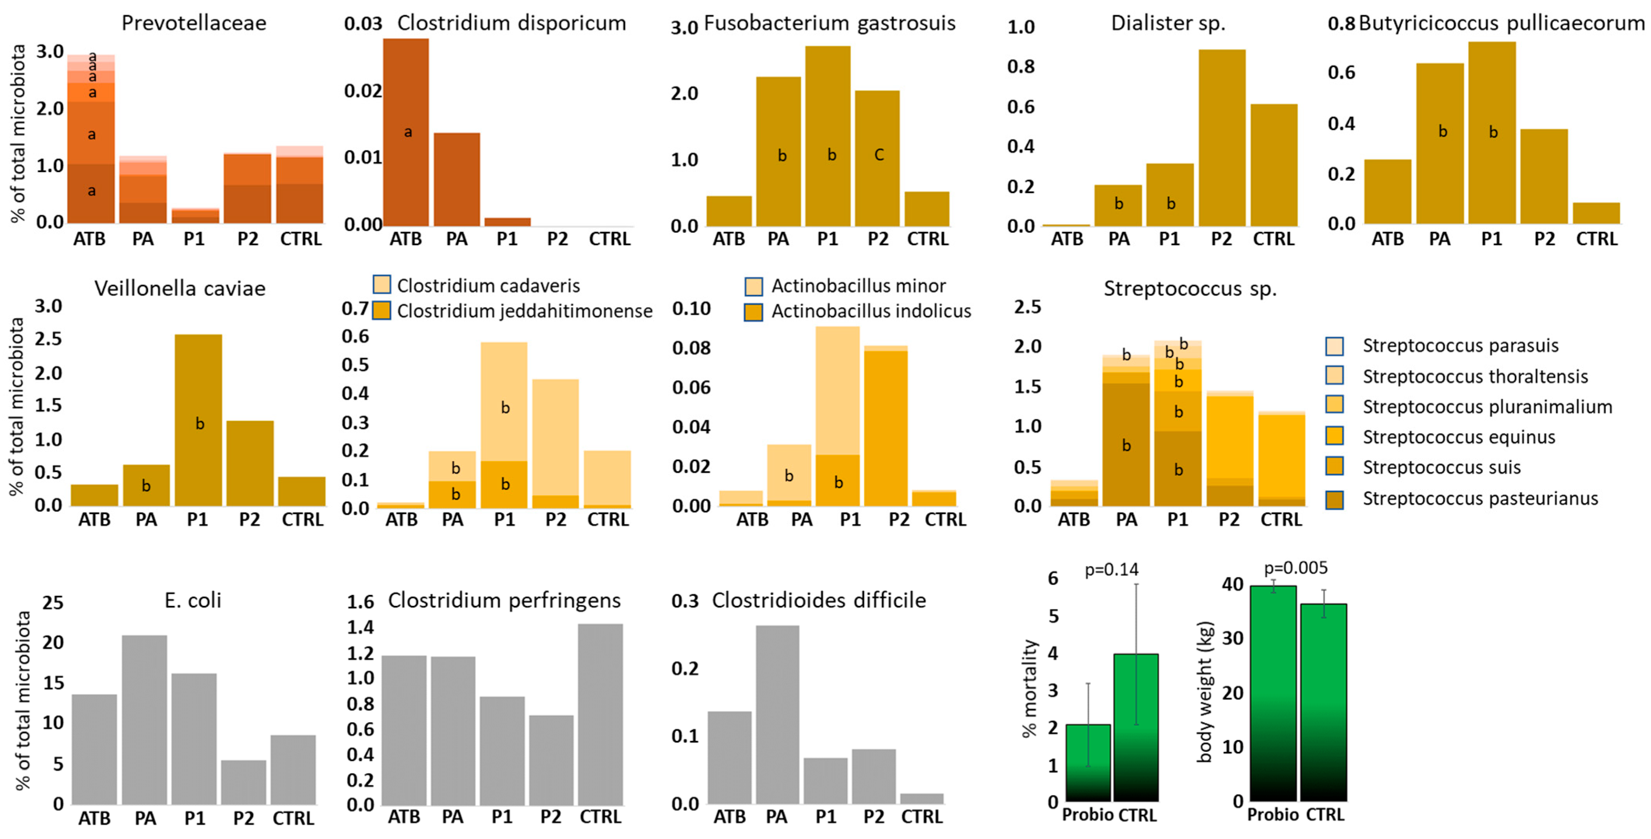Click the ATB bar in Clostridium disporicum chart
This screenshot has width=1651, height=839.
pos(406,132)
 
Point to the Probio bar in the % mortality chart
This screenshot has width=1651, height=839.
pos(1088,763)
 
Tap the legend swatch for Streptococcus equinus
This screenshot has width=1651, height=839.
pos(1334,437)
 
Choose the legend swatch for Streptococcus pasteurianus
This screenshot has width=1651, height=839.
pos(1334,498)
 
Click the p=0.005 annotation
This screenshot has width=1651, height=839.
pos(1295,568)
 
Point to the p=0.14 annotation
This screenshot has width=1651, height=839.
pos(1111,569)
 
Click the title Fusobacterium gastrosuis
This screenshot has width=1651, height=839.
pos(829,23)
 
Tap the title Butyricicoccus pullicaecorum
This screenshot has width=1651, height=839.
pos(1502,23)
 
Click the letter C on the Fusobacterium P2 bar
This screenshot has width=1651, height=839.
pos(879,155)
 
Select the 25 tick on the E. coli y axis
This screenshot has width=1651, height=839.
pos(53,602)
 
